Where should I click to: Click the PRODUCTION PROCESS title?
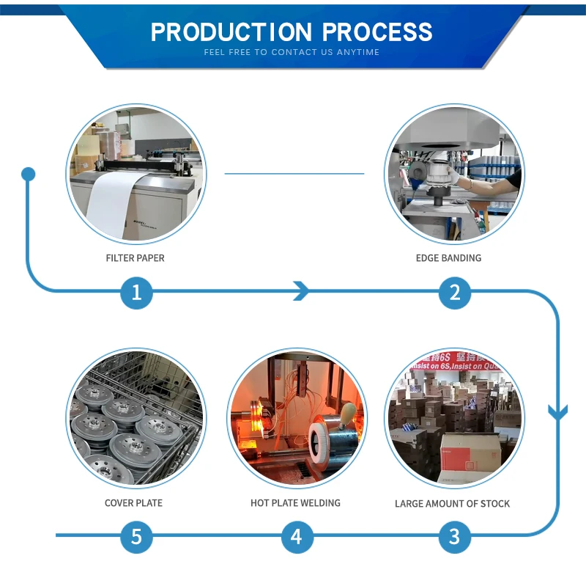[x=292, y=32]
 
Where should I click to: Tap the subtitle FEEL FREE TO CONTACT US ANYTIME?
[x=292, y=53]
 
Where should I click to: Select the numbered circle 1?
[x=136, y=293]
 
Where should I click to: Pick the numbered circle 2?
[x=455, y=293]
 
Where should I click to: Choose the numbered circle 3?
[x=455, y=537]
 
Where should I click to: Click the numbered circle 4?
[x=296, y=537]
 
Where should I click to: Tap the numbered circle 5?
[x=136, y=537]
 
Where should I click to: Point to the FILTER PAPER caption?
[x=136, y=258]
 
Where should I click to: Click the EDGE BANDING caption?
[x=448, y=258]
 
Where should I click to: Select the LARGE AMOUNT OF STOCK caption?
[x=452, y=504]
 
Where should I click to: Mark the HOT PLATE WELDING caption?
[x=295, y=503]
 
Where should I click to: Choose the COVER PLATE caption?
[x=133, y=503]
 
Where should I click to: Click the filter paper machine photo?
[x=136, y=174]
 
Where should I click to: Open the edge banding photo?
[x=454, y=174]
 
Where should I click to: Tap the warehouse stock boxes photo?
[x=454, y=418]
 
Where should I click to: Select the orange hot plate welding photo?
[x=297, y=418]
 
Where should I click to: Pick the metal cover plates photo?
[x=136, y=418]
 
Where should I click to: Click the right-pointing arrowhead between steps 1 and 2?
[x=301, y=291]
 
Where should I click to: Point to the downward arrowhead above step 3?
[x=558, y=412]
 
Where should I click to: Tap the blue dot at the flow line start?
[x=29, y=175]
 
